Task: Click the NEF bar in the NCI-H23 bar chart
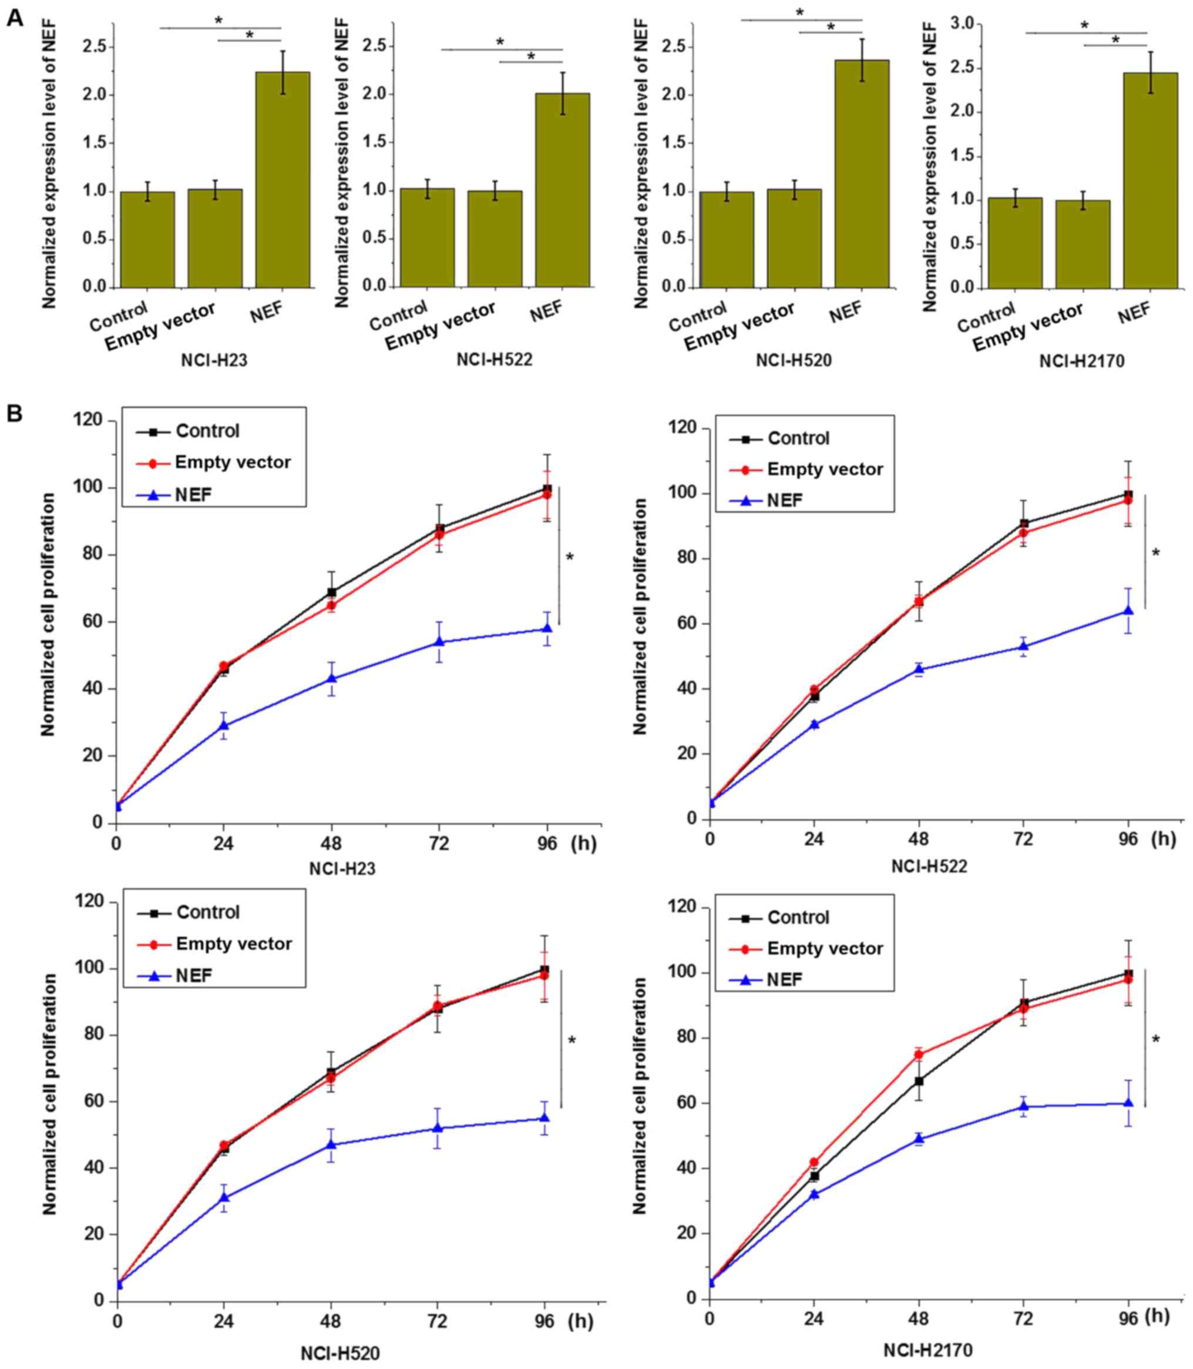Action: pos(283,180)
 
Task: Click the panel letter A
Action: pos(15,18)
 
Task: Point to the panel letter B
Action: pos(15,414)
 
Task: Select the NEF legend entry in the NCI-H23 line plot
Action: pos(194,494)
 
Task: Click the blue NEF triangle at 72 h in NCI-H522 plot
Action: pos(1023,646)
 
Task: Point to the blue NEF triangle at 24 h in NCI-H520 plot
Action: pos(224,1197)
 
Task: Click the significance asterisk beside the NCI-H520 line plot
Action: pos(571,1040)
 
